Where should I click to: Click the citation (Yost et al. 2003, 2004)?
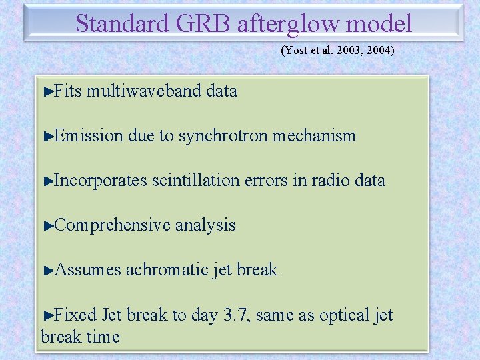(x=337, y=50)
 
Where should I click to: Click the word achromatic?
(x=167, y=270)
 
